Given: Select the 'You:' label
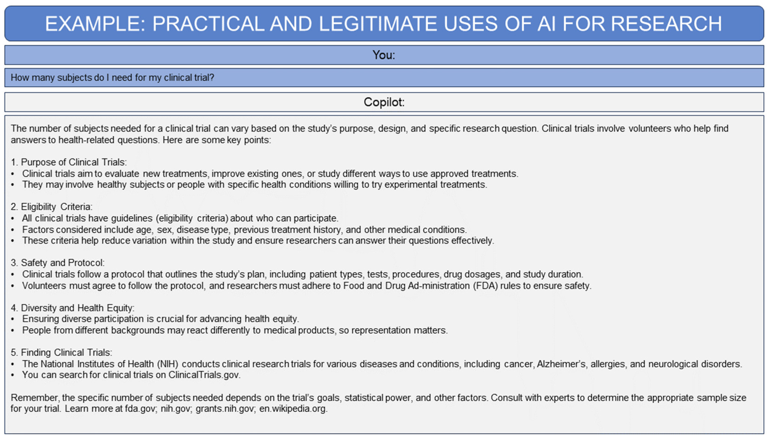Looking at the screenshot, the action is point(384,55).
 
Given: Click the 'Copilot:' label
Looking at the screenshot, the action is point(384,102).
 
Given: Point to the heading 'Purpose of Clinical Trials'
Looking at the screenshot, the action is point(73,162).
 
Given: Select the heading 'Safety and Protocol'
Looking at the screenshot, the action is point(63,263).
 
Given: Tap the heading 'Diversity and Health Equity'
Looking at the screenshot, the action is point(77,308).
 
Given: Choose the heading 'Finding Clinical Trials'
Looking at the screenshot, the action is point(66,352).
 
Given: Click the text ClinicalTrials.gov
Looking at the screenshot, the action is point(204,375).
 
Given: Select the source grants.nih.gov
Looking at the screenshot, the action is point(224,409).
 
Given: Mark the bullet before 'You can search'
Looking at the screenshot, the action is point(13,375).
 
